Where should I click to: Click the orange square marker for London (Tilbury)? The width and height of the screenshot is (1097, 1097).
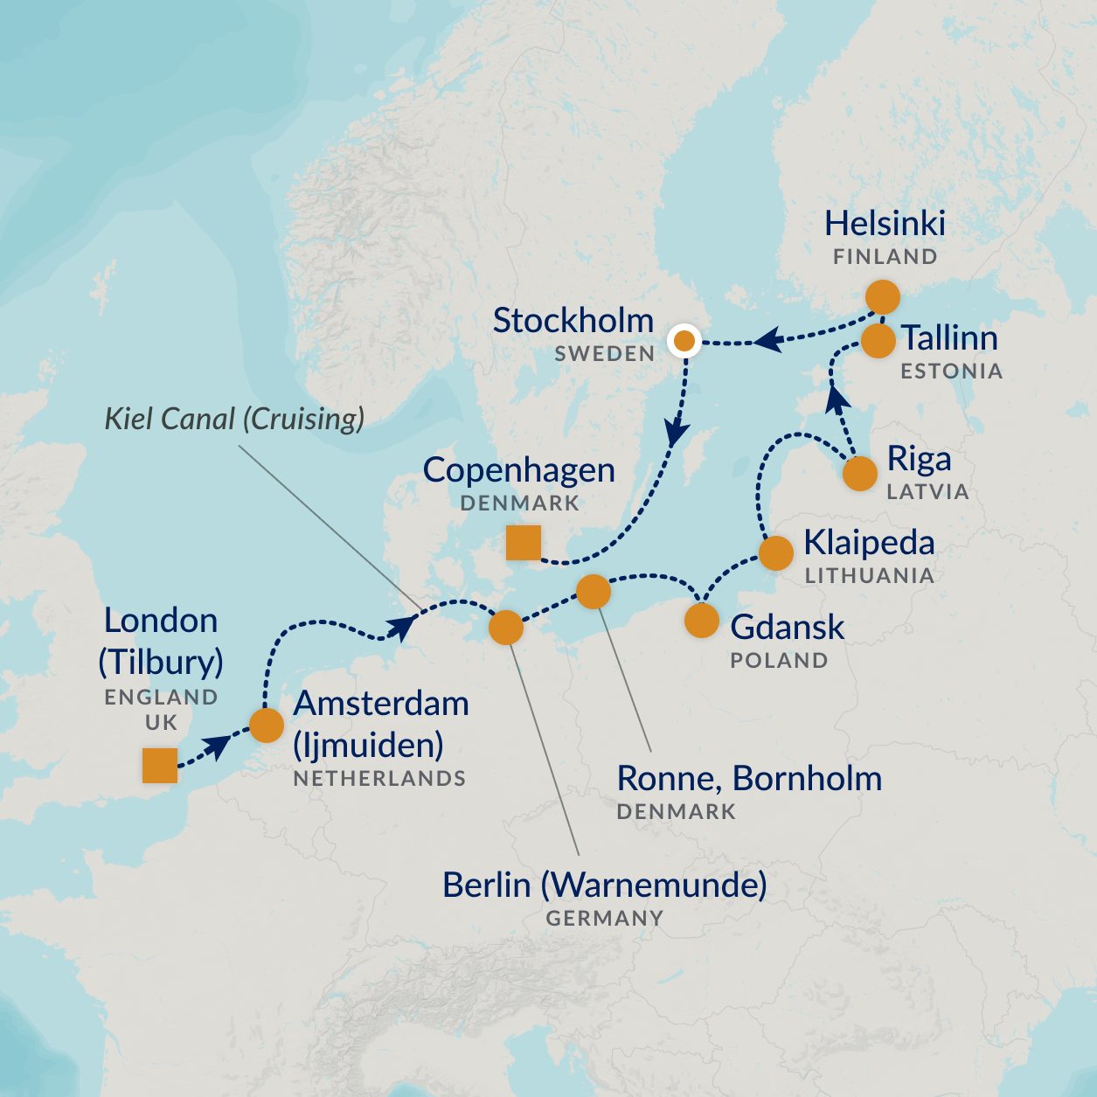pos(160,765)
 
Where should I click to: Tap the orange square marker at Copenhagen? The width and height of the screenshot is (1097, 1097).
pos(524,543)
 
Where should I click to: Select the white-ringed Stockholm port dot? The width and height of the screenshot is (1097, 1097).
pos(684,341)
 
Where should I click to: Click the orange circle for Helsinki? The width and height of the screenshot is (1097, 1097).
pos(883,297)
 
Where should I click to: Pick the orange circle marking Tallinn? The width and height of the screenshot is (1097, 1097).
pos(878,341)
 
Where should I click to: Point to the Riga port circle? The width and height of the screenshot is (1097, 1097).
pos(859,474)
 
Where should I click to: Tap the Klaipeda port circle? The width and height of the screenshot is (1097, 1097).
pos(775,553)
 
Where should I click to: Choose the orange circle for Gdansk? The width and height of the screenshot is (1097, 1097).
pos(701,621)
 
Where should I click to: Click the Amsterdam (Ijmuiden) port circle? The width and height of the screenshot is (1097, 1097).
pos(267,725)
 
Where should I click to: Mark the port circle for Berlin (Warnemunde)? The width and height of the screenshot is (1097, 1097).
pos(505,628)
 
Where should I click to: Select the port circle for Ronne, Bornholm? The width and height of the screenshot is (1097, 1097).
pos(594,592)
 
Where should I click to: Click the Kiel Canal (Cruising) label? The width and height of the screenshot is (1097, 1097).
pos(234,419)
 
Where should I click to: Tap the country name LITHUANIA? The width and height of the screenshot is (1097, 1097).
pos(869,576)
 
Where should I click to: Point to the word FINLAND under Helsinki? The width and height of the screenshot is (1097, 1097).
pos(885,257)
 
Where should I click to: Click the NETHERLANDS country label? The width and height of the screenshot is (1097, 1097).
pos(379,778)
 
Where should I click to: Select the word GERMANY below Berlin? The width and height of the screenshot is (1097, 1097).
pos(604,919)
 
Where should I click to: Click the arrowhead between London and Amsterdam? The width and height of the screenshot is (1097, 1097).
pos(216,746)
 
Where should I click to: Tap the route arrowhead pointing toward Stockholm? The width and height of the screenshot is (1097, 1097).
pos(767,340)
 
